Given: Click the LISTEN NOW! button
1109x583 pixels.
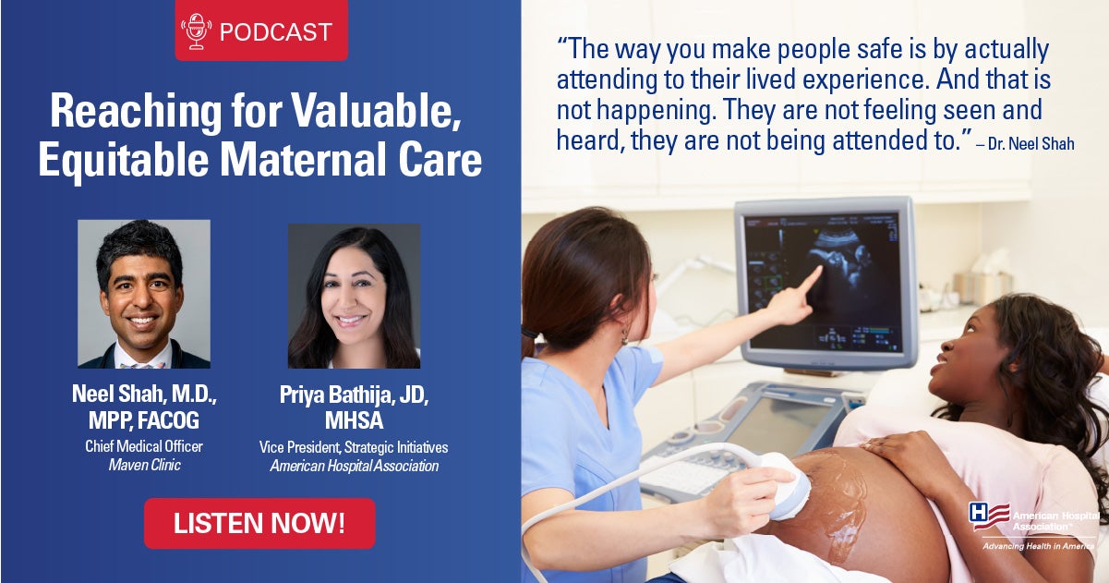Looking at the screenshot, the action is tap(259, 523).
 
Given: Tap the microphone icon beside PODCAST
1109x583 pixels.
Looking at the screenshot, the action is tap(196, 31).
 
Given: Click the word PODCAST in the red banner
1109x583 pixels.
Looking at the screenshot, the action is tap(275, 32).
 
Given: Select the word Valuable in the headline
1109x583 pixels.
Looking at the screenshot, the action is tap(376, 111).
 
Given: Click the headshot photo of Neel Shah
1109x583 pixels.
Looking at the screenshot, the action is tap(144, 294).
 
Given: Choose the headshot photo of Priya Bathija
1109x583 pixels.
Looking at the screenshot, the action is tap(354, 296).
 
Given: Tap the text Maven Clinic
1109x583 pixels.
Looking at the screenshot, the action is tap(145, 465).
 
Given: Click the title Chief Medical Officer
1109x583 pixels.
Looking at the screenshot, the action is tap(144, 446).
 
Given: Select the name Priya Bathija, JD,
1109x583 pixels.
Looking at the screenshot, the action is tap(354, 395).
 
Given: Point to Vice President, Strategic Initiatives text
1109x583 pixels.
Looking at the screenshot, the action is tap(354, 447).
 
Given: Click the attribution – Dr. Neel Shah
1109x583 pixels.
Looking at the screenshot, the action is tap(1025, 143).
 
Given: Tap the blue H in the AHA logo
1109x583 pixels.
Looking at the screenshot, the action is tap(977, 512).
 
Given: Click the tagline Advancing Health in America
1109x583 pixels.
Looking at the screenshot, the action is tap(1038, 546).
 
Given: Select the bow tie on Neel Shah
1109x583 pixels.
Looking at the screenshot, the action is tap(142, 366).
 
